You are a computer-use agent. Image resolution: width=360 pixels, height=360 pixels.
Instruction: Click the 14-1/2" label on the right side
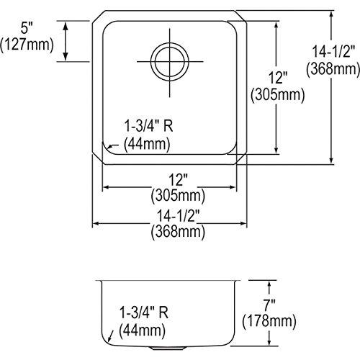pyautogui.click(x=333, y=53)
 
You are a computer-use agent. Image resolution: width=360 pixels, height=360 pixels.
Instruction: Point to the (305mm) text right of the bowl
pyautogui.click(x=276, y=94)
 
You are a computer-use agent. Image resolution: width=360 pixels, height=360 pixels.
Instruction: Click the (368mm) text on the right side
pyautogui.click(x=332, y=69)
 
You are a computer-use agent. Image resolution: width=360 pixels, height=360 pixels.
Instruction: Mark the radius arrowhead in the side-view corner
pyautogui.click(x=109, y=337)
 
